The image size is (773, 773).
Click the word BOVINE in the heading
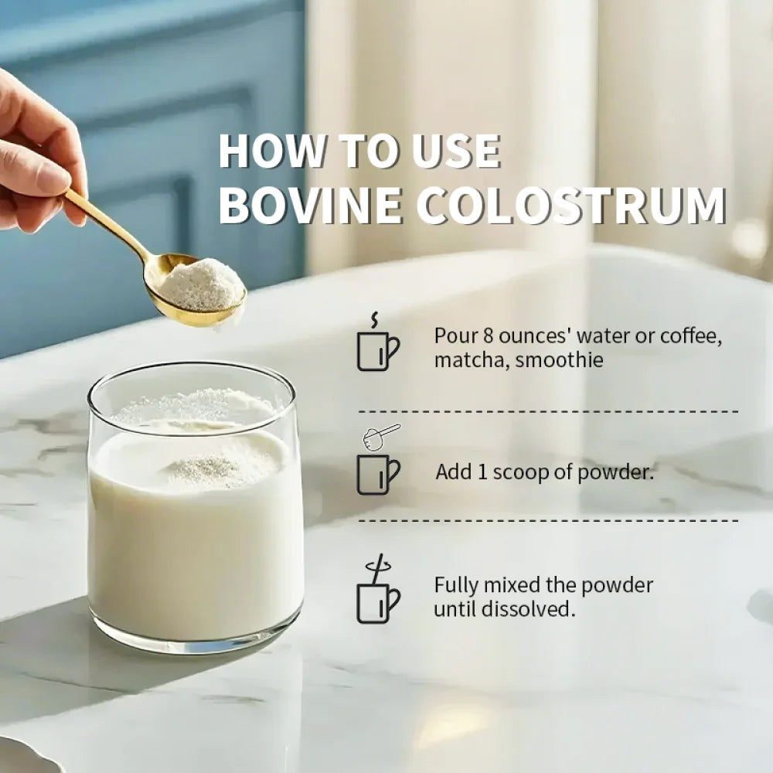[x=310, y=205]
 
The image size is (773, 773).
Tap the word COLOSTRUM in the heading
[x=572, y=205]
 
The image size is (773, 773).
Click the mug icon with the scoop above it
[x=378, y=475]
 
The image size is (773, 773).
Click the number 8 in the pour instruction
[x=488, y=335]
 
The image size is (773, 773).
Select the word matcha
[x=472, y=360]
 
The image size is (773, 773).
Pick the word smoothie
[x=559, y=359]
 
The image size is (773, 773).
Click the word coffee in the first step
[x=690, y=336]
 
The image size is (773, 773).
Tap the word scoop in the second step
[x=520, y=473]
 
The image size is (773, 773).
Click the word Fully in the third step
[x=456, y=586]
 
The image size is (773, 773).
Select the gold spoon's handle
[x=107, y=224]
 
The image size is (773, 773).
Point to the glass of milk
[x=196, y=508]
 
